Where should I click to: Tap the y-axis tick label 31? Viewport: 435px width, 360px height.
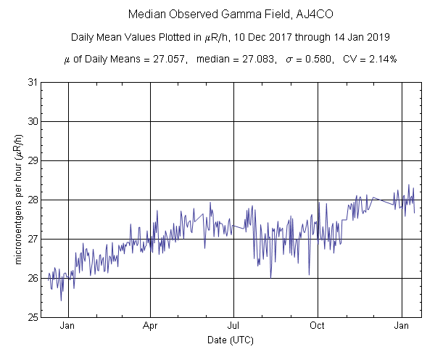(32, 82)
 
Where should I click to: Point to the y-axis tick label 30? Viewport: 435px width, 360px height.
(32, 121)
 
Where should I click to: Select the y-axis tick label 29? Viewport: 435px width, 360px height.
(32, 160)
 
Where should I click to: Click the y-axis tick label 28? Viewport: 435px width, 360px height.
(32, 200)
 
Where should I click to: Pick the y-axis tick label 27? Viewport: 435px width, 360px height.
(32, 239)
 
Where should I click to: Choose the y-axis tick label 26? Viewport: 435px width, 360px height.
(32, 278)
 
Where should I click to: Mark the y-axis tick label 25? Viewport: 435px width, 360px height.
(32, 317)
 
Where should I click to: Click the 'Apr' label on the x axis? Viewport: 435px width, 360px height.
(150, 326)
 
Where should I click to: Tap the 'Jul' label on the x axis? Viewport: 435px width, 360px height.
(234, 326)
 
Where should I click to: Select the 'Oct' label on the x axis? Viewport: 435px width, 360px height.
(318, 326)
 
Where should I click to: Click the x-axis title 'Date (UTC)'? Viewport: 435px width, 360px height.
(230, 340)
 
